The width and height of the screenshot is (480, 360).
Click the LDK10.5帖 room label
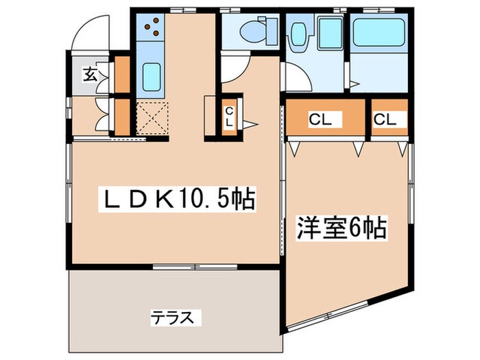pyautogui.click(x=179, y=200)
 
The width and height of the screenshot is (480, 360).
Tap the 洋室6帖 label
pyautogui.click(x=341, y=228)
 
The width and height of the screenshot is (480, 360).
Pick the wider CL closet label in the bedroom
pyautogui.click(x=320, y=119)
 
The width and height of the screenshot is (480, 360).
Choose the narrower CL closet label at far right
pyautogui.click(x=385, y=119)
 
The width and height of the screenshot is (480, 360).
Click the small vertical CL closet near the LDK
pyautogui.click(x=230, y=117)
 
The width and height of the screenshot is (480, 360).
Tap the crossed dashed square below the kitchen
pyautogui.click(x=152, y=118)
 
